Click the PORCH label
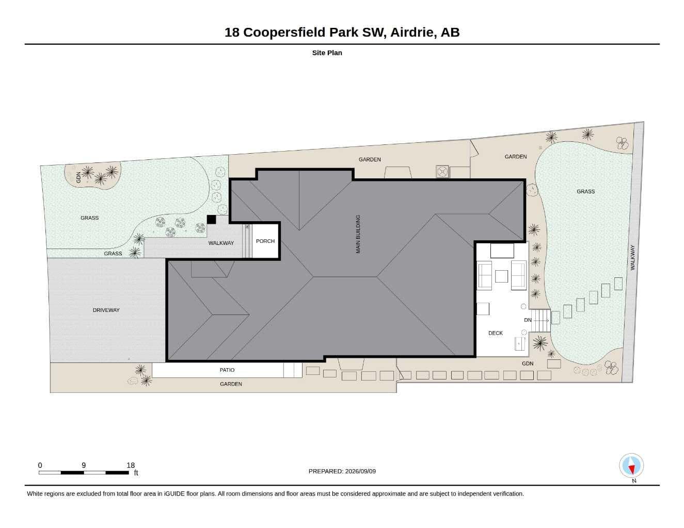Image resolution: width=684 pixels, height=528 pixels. click(x=265, y=241)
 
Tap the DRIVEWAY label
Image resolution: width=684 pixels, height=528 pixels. click(x=106, y=310)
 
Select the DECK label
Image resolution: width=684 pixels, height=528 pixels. click(x=496, y=333)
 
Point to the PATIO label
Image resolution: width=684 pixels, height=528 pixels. click(x=227, y=370)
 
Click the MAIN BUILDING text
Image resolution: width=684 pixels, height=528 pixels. click(x=358, y=234)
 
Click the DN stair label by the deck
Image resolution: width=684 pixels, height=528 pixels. click(x=528, y=320)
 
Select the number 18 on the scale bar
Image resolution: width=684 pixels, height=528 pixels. click(x=131, y=465)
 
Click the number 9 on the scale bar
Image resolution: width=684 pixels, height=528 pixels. click(x=84, y=465)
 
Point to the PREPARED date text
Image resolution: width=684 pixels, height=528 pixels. click(x=342, y=471)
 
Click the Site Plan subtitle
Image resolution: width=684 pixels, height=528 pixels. click(x=327, y=53)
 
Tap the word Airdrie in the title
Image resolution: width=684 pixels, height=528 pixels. click(x=413, y=32)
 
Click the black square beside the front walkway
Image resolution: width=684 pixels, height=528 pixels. click(x=211, y=219)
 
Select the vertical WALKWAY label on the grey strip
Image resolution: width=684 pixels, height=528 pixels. click(x=633, y=258)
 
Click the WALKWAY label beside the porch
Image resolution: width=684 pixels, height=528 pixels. click(x=221, y=243)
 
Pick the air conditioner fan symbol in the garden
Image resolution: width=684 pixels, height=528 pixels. click(x=442, y=172)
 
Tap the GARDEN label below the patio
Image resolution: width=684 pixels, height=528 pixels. click(x=231, y=384)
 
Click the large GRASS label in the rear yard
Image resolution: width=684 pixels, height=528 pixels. click(x=585, y=191)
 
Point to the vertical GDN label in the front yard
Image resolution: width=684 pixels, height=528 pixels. click(x=78, y=177)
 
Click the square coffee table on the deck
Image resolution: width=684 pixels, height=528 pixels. click(x=501, y=276)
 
